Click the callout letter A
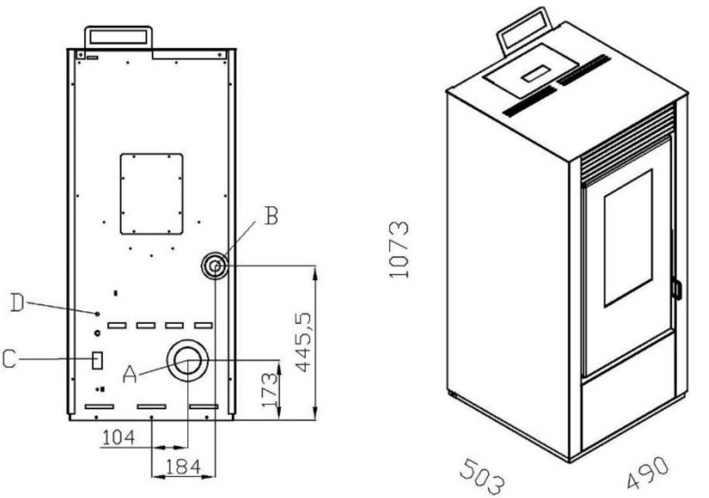pyautogui.click(x=130, y=374)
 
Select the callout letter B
pyautogui.click(x=271, y=216)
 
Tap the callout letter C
pyautogui.click(x=9, y=359)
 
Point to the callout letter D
pyautogui.click(x=17, y=303)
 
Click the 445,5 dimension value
pyautogui.click(x=304, y=342)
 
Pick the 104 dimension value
pyautogui.click(x=119, y=438)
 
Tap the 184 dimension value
pyautogui.click(x=183, y=467)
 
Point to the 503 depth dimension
pyautogui.click(x=482, y=478)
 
